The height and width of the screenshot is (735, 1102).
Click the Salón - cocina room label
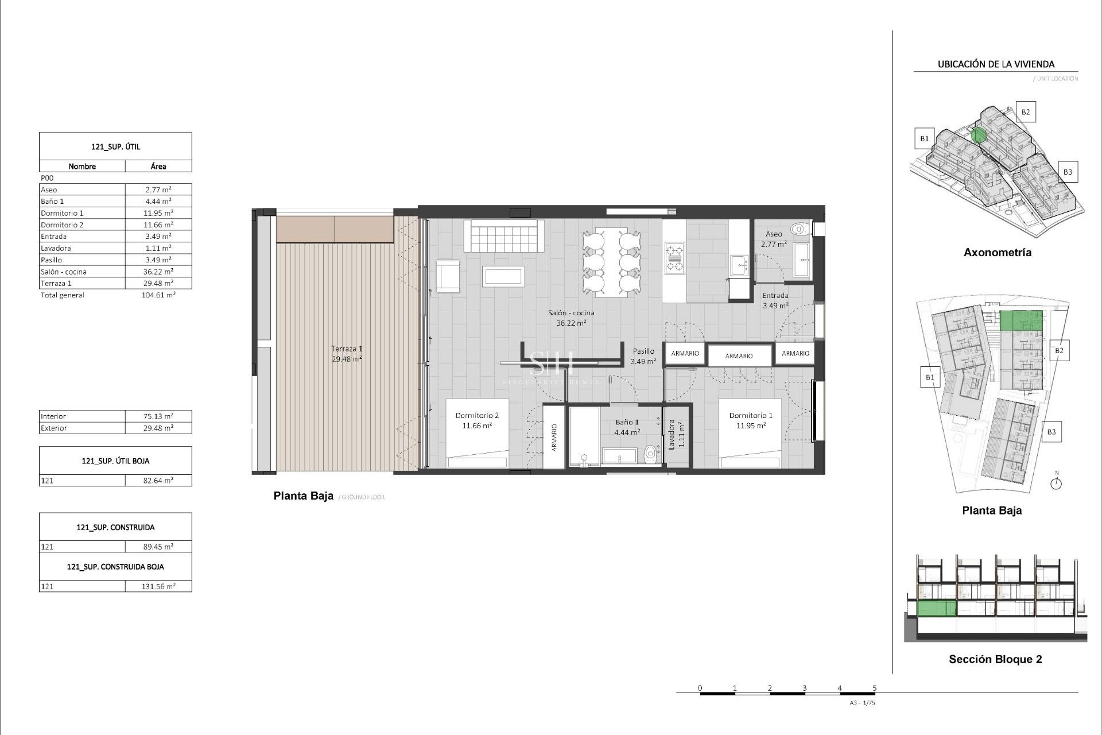[x=571, y=313]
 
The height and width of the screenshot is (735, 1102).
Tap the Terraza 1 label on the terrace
[x=347, y=349]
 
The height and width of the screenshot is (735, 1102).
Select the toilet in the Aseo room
[x=798, y=230]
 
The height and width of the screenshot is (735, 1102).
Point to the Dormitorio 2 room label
[x=477, y=415]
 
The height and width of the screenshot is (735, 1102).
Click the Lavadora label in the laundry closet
[x=671, y=435]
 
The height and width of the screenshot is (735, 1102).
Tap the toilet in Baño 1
[x=650, y=454]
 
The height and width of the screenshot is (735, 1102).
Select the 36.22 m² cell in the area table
[x=158, y=272]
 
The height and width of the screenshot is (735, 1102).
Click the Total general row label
[x=63, y=295]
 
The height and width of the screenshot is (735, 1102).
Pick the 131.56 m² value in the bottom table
[x=158, y=586]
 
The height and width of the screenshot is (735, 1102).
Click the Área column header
[x=158, y=167]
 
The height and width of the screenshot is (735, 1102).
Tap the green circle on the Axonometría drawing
[x=979, y=136]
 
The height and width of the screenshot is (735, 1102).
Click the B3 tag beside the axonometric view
[x=1067, y=172]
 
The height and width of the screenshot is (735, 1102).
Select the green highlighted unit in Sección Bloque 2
[x=937, y=608]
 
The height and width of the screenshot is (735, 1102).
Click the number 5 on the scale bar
[x=874, y=688]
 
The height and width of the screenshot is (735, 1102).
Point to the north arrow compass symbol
[x=1056, y=483]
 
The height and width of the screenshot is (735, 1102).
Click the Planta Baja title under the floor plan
[x=303, y=496]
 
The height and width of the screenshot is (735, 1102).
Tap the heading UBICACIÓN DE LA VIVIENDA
[x=996, y=64]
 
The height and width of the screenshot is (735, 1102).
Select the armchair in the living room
[x=448, y=277]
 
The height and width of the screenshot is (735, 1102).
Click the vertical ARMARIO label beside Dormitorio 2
[x=554, y=438]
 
